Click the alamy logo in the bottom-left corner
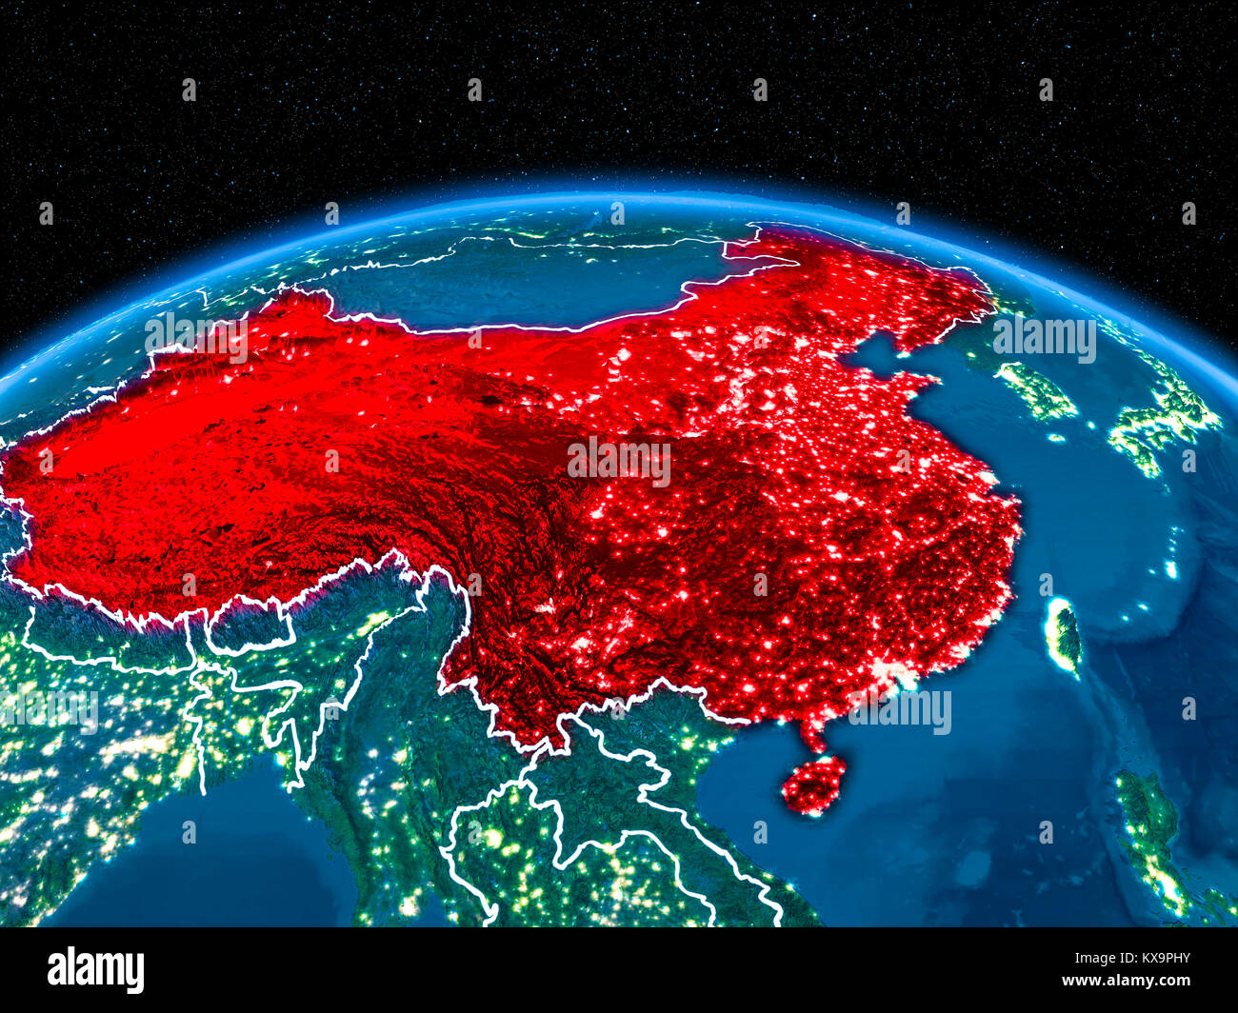pyautogui.click(x=95, y=969)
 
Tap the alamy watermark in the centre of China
pyautogui.click(x=619, y=462)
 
